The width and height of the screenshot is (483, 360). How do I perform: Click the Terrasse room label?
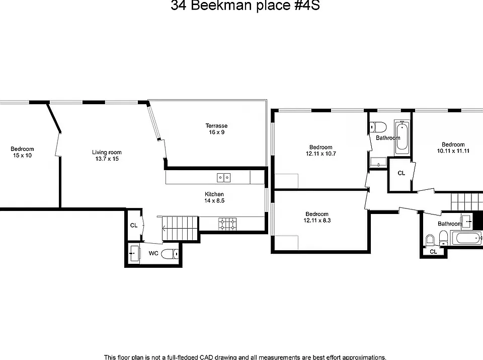216,126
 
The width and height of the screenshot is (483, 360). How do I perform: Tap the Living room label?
107,152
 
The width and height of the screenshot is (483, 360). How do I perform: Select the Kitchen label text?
214,194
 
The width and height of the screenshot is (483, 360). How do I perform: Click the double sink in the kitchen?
224,178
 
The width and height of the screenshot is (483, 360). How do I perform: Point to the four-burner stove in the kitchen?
228,224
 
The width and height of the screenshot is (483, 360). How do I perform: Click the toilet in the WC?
170,254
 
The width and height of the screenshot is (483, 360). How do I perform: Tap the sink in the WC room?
134,253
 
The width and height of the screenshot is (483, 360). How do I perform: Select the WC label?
153,253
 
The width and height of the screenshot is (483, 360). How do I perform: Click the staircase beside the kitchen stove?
180,229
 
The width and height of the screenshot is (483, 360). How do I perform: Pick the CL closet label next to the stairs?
134,225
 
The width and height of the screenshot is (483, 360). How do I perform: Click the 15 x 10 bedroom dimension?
22,156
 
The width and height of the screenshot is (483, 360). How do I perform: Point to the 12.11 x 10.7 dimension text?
320,154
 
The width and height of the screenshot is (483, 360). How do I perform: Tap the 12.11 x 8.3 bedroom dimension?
317,221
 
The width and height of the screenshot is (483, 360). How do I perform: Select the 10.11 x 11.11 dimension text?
453,151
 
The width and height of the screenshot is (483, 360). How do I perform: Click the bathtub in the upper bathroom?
402,136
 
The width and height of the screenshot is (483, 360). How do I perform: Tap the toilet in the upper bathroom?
378,127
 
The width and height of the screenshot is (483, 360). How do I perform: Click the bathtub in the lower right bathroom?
466,238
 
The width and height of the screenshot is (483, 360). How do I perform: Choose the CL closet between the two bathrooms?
401,173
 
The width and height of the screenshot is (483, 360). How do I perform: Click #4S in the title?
307,6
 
